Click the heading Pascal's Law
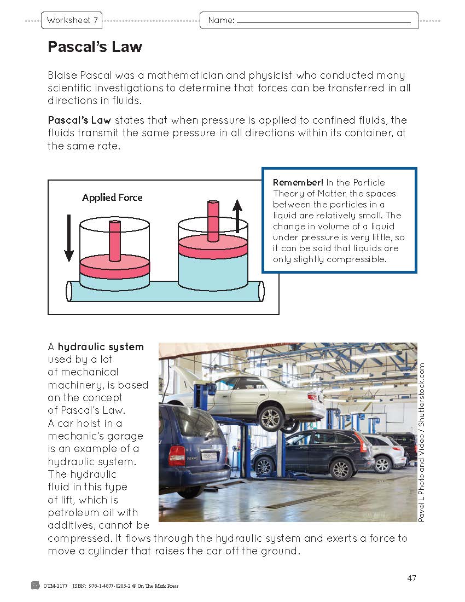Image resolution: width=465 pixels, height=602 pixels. (x=95, y=47)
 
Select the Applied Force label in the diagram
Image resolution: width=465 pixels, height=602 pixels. (x=112, y=198)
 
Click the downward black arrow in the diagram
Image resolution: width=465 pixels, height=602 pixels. (x=69, y=238)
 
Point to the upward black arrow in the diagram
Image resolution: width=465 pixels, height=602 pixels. (x=237, y=216)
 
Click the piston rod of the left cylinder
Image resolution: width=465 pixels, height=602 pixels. (x=115, y=241)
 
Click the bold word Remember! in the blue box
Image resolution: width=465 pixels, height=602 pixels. (x=290, y=183)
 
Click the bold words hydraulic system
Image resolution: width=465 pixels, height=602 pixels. (x=101, y=346)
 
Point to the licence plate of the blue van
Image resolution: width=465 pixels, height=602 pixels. (x=208, y=455)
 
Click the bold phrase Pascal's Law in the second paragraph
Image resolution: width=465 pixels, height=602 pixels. (x=80, y=120)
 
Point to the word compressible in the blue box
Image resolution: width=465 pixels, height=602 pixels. (x=356, y=259)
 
